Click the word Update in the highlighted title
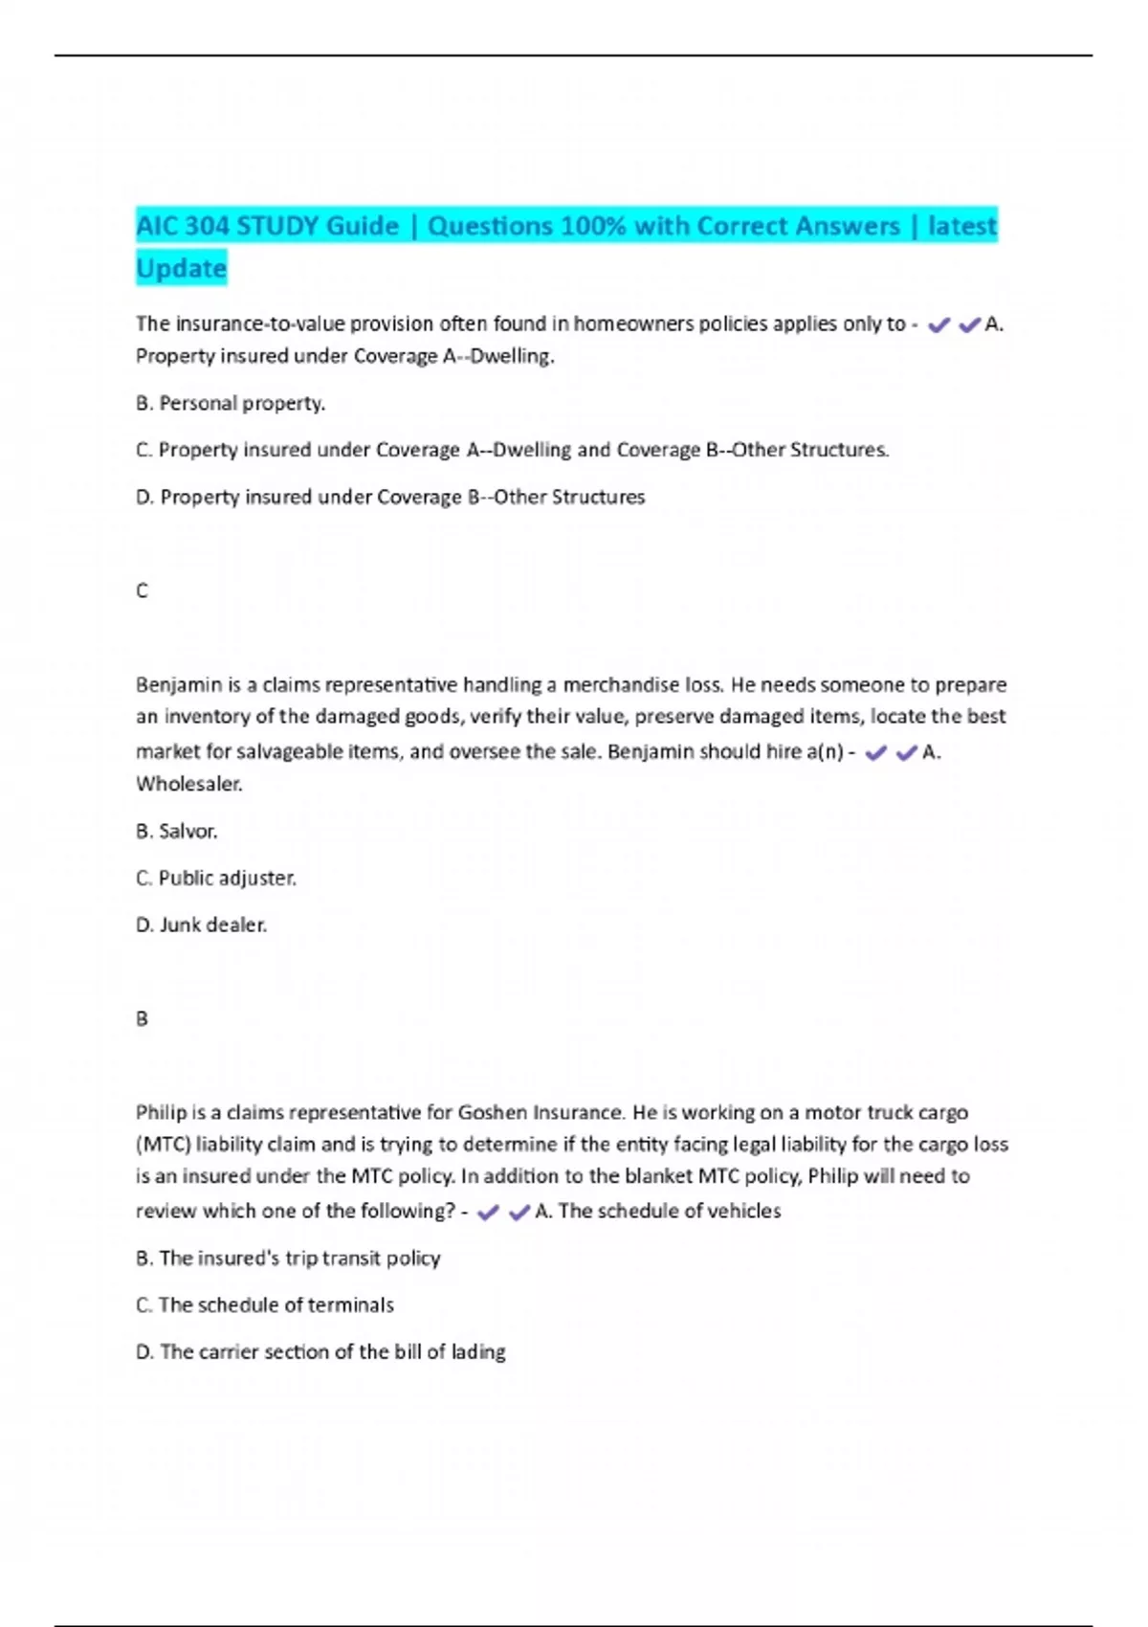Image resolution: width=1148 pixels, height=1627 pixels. pyautogui.click(x=182, y=268)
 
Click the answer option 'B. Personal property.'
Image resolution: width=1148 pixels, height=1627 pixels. pyautogui.click(x=231, y=403)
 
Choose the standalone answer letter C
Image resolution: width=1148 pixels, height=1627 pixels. pyautogui.click(x=142, y=591)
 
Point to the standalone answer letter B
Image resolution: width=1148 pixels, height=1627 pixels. pyautogui.click(x=142, y=1018)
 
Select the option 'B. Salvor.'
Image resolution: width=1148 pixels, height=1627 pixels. pyautogui.click(x=177, y=831)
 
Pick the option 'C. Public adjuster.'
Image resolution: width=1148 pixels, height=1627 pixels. pyautogui.click(x=216, y=878)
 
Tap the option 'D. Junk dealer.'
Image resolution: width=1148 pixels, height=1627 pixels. pyautogui.click(x=202, y=925)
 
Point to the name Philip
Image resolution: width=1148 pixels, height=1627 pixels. pyautogui.click(x=161, y=1112)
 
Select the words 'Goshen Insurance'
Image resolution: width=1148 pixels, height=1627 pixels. pyautogui.click(x=541, y=1112)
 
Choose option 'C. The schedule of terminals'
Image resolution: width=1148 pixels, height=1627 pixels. pyautogui.click(x=265, y=1304)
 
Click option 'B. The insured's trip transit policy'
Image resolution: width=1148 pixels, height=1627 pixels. pyautogui.click(x=288, y=1258)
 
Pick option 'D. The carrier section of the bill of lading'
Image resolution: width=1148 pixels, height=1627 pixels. pyautogui.click(x=320, y=1351)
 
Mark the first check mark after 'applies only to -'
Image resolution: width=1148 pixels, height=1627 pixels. pyautogui.click(x=938, y=325)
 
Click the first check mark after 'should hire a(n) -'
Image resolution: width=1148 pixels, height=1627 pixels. pyautogui.click(x=874, y=753)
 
